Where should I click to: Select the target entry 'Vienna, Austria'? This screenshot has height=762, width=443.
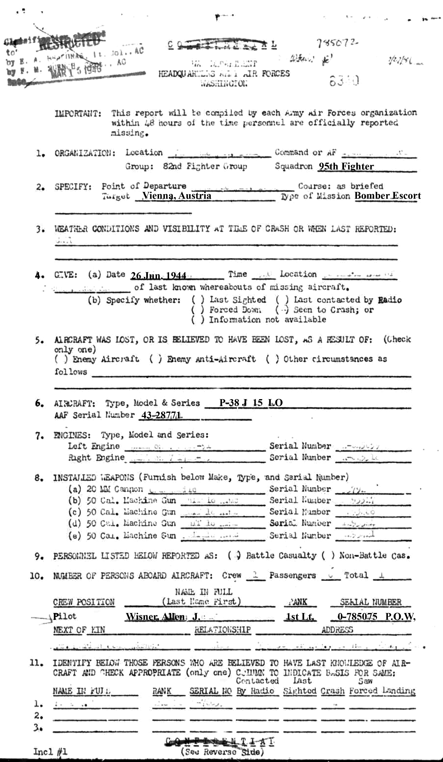point(177,196)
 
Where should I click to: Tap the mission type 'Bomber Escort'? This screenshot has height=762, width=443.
point(388,196)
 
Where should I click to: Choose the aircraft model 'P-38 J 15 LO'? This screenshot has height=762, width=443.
point(251,403)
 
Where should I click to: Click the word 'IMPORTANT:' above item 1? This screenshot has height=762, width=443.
point(78,114)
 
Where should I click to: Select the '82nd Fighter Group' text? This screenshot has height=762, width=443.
point(205,166)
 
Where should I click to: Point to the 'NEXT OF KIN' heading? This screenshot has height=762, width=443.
point(79,630)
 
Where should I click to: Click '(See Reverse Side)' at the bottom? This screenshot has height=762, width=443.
point(222,752)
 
